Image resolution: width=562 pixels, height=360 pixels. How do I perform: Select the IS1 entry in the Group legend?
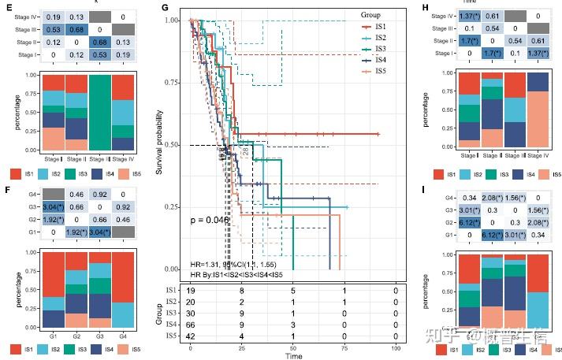coord(379,27)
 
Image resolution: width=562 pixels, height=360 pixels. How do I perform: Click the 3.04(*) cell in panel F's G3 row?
coord(53,207)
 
